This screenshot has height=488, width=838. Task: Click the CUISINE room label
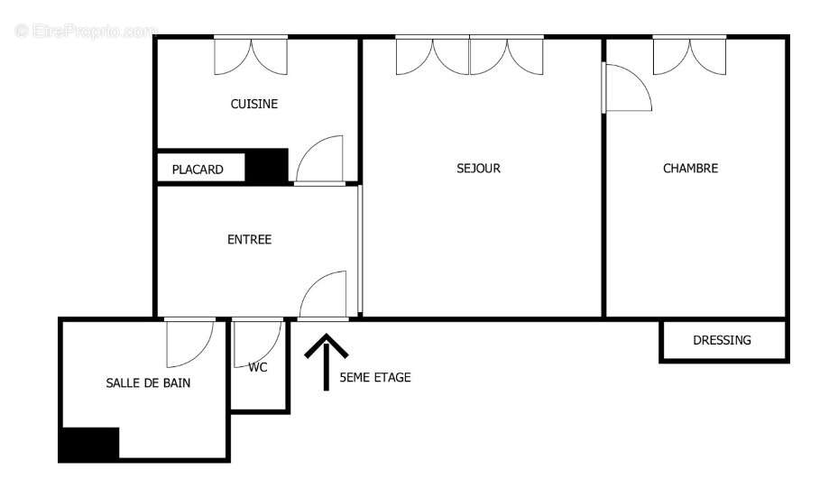pos(254,104)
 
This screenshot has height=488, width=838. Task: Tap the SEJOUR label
pos(478,168)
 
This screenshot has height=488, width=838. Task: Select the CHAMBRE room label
pos(690,168)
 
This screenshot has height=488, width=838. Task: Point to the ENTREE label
pos(249,239)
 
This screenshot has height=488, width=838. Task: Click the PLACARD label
pos(198,169)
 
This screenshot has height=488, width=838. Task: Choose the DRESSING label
pos(722,340)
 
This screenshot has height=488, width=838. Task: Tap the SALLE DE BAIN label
pos(148,382)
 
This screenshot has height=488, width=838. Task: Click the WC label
pos(258,367)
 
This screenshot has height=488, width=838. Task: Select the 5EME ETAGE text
pos(374,377)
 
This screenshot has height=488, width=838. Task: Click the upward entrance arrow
pos(327,362)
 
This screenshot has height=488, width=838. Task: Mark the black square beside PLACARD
pos(267,166)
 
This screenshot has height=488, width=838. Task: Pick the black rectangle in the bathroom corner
pos(88,444)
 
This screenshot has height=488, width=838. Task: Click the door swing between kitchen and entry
pos(320,161)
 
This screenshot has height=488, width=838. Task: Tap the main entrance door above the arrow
pos(323,295)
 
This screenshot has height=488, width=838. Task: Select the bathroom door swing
pos(190,341)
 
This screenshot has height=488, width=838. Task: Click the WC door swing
pos(257,341)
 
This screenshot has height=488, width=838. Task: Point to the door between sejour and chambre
pos(626,89)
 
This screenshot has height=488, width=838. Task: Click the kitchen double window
pos(251,55)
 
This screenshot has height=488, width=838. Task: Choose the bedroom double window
pos(690,55)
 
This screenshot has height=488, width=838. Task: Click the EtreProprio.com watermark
pos(87,31)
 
